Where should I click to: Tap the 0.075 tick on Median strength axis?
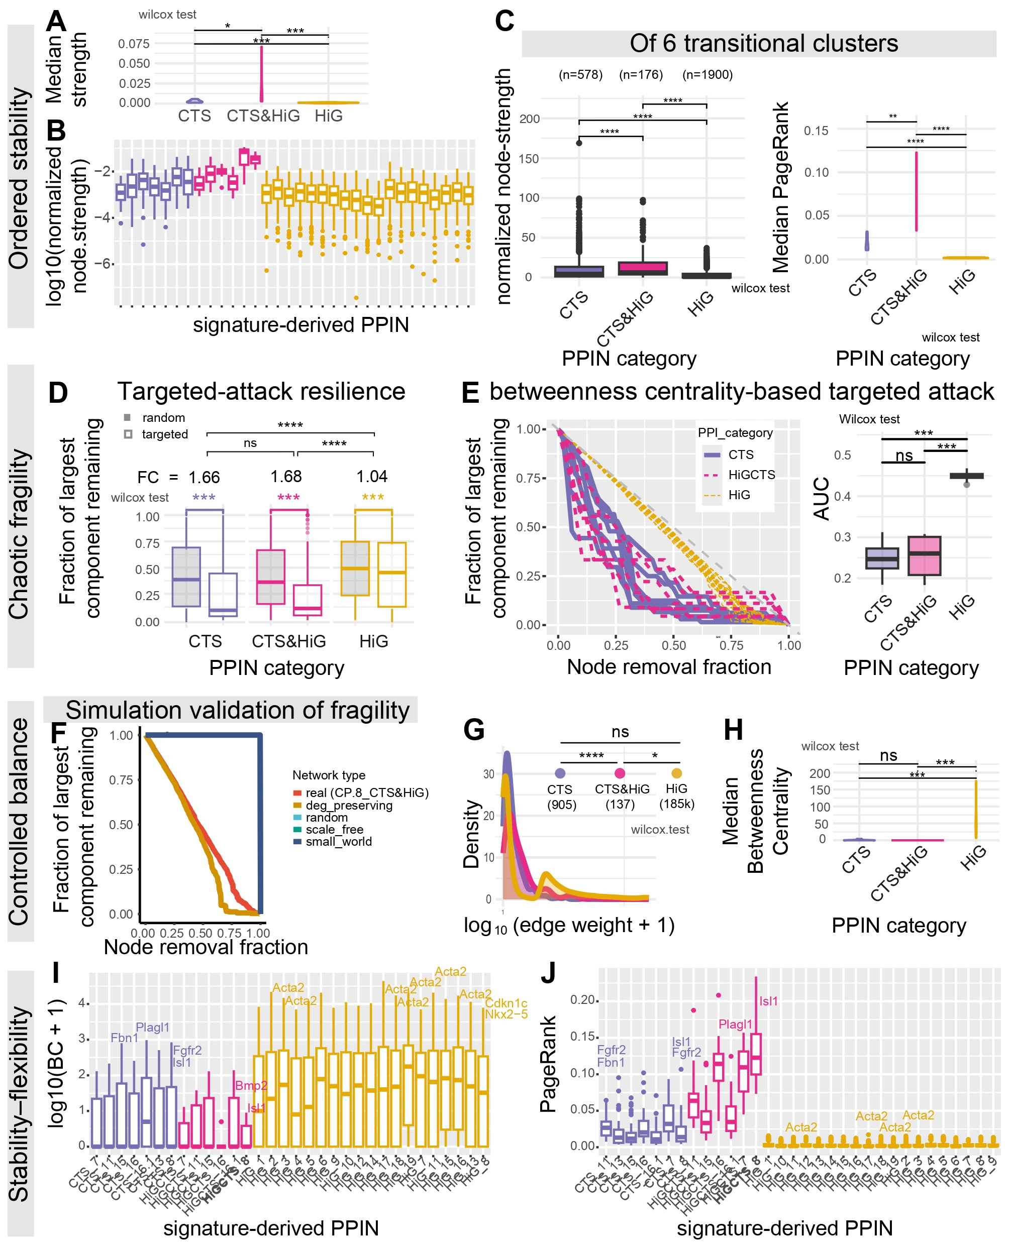click(x=134, y=44)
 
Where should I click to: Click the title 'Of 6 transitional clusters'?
click(x=763, y=44)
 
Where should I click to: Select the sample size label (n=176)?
click(x=641, y=74)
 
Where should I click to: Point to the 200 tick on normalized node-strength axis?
click(x=530, y=119)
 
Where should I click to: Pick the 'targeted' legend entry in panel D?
click(x=164, y=434)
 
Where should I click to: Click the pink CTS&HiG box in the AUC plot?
click(x=924, y=555)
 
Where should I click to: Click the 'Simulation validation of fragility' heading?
click(x=237, y=711)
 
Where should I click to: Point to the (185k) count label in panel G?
click(x=676, y=804)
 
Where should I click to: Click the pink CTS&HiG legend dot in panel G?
click(x=620, y=773)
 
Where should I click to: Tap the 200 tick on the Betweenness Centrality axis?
click(x=820, y=773)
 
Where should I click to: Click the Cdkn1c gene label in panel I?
click(x=506, y=1003)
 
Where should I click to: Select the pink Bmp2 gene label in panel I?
click(x=251, y=1085)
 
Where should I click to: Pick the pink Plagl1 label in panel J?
click(x=735, y=1024)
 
